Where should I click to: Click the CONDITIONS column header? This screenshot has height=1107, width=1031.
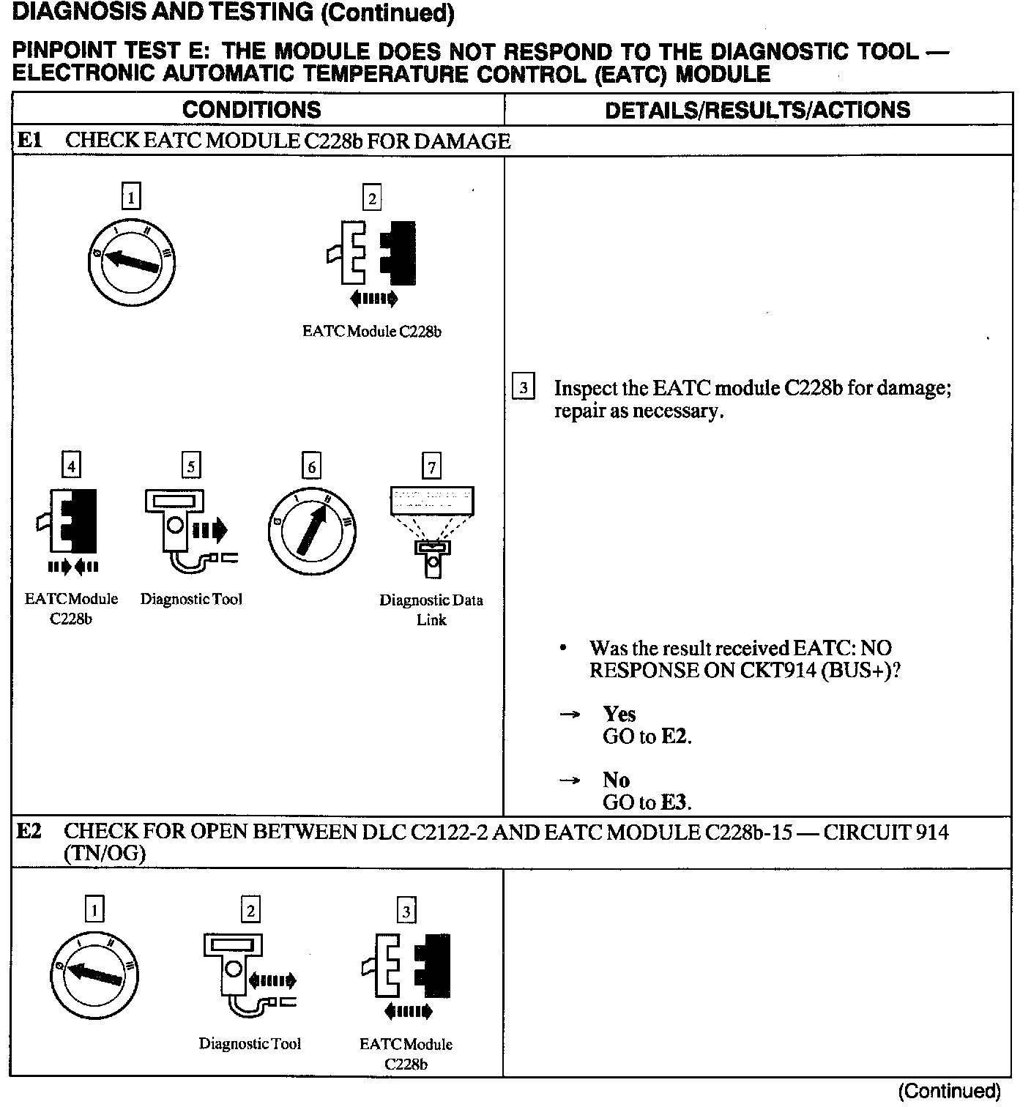[251, 110]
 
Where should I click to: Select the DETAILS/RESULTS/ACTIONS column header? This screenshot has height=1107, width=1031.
[757, 110]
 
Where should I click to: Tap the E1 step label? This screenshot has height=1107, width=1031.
[29, 141]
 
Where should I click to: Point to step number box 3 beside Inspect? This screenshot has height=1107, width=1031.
[524, 387]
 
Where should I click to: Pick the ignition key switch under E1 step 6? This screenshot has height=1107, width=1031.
[312, 530]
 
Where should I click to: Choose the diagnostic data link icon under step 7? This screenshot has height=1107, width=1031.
[432, 532]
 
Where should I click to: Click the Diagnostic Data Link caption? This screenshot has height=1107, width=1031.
[431, 609]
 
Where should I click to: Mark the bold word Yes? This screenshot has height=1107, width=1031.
[619, 714]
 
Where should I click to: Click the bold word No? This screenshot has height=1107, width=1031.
[616, 780]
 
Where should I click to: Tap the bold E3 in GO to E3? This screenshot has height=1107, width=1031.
[674, 802]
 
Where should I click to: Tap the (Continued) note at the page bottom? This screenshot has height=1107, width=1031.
[949, 1091]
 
